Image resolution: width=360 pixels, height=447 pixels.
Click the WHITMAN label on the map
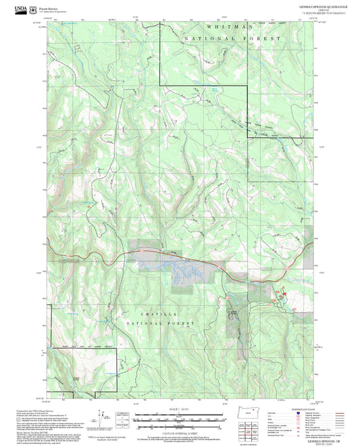[230, 26]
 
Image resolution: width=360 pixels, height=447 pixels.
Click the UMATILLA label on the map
[143, 311]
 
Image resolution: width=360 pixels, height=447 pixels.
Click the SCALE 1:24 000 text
[180, 409]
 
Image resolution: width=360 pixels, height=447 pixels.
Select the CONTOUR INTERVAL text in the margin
[180, 431]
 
